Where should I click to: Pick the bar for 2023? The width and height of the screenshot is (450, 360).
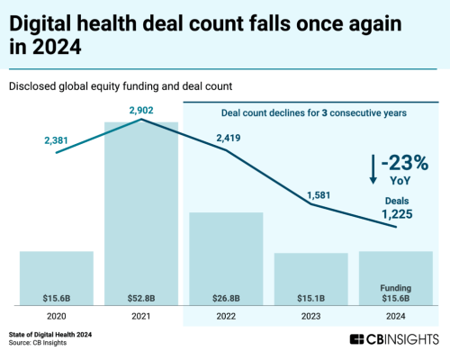(310, 278)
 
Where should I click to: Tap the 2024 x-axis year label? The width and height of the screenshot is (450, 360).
(395, 316)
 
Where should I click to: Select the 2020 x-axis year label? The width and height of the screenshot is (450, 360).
(57, 316)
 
